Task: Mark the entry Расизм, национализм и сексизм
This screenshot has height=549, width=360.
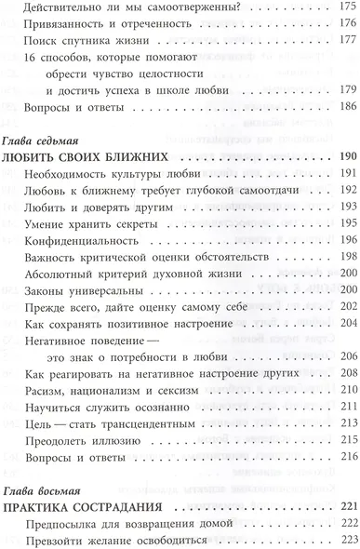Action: [x=113, y=390]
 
